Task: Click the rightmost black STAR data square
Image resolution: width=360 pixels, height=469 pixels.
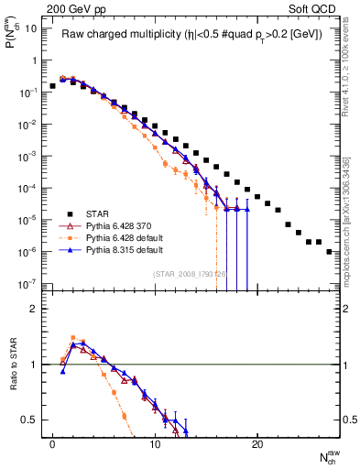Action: coord(329,251)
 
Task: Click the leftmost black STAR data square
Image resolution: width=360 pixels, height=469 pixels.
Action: coord(53,86)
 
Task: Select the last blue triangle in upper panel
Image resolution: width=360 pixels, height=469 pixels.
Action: coord(246,210)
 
